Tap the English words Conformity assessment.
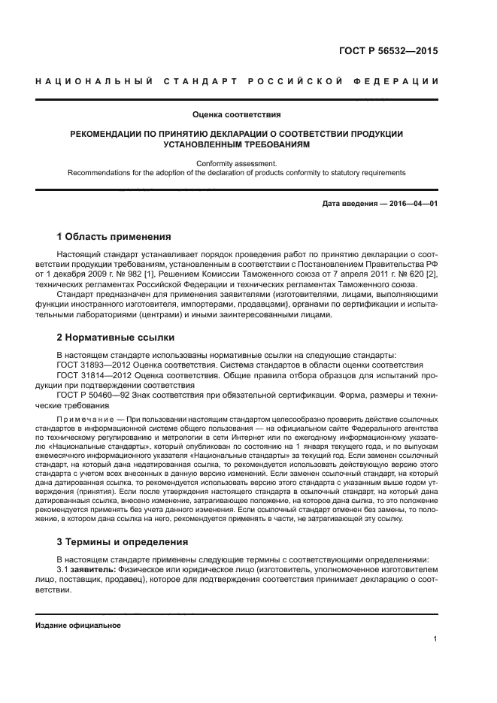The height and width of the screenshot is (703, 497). tap(237, 162)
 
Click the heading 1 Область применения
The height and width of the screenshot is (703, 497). tap(114, 237)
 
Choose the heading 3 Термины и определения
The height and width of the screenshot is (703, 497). tap(123, 541)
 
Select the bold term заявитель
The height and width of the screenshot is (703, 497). tap(90, 569)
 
